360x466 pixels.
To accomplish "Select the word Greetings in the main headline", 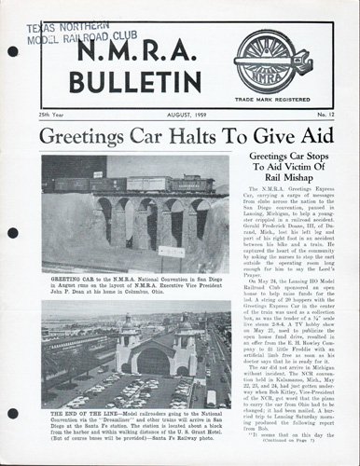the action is pos(86,136).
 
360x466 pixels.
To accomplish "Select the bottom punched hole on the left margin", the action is pos(12,412).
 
